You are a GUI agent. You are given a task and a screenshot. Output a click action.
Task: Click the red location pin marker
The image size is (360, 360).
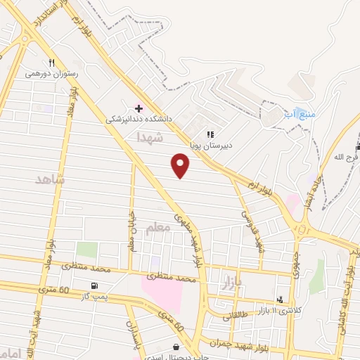click(181, 166)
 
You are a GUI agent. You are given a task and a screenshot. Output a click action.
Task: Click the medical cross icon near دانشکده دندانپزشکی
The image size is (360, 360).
click(139, 108)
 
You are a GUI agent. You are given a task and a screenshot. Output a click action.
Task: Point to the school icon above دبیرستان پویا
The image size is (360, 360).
click(209, 134)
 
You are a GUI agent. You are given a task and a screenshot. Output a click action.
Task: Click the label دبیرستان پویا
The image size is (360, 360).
click(209, 146)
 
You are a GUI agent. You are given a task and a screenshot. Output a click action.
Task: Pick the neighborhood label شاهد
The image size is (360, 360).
click(50, 180)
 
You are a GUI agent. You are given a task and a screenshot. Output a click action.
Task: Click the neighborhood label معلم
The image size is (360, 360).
click(157, 229)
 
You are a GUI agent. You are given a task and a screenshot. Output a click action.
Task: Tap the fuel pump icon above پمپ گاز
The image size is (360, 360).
click(94, 286)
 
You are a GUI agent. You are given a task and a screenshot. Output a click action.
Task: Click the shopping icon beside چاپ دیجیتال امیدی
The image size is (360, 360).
click(175, 347)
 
